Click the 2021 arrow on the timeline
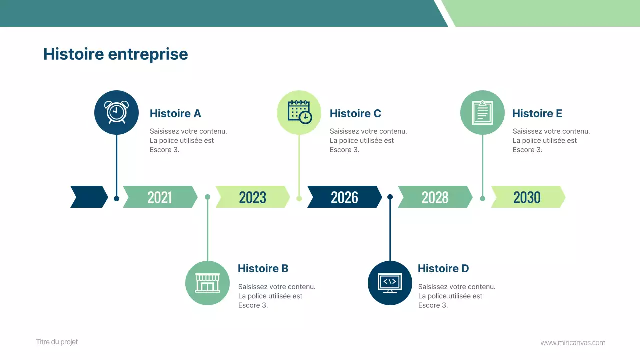(x=160, y=197)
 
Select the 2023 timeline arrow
(x=252, y=197)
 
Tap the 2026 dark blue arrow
(x=344, y=197)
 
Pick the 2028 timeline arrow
(x=435, y=197)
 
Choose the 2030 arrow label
(x=527, y=197)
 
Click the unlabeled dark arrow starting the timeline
(x=89, y=197)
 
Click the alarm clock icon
(x=116, y=112)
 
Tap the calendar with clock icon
(x=299, y=112)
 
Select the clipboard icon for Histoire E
(x=482, y=112)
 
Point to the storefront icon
(x=207, y=283)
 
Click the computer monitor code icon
(x=390, y=283)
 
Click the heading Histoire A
(x=175, y=114)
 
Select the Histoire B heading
(x=263, y=269)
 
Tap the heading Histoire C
(x=355, y=114)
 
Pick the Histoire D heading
(x=443, y=269)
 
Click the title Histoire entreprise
(x=116, y=54)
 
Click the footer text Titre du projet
(x=57, y=342)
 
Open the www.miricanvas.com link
(x=573, y=343)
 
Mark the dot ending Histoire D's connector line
(x=390, y=197)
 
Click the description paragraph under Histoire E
(x=551, y=140)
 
